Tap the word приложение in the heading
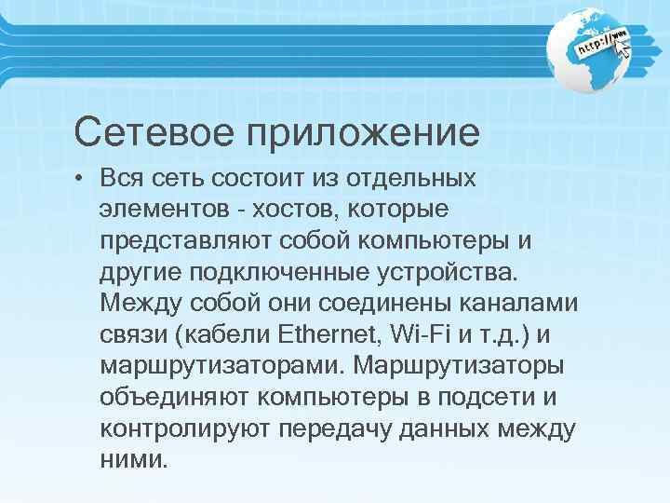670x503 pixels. point(361,133)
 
